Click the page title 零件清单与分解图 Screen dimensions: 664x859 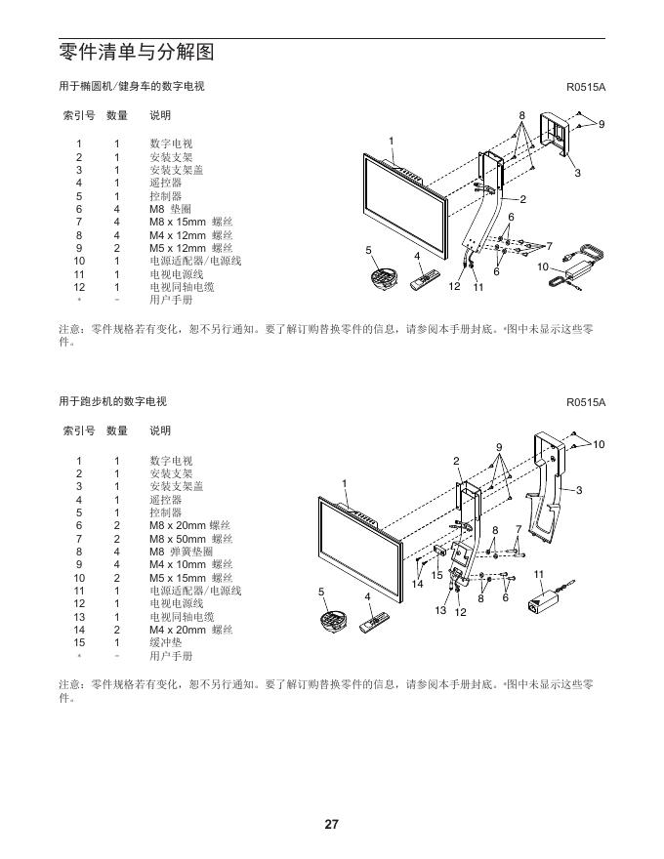[x=136, y=52]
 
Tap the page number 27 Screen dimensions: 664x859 [x=331, y=825]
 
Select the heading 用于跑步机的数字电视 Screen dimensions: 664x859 [x=112, y=401]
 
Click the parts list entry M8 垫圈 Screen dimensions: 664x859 [x=170, y=209]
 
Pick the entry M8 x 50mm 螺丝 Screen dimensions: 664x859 [x=190, y=538]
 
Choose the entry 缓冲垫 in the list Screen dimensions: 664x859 [x=165, y=643]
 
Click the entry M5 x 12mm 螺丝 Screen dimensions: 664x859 [x=190, y=248]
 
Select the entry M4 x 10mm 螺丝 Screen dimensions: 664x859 [x=190, y=564]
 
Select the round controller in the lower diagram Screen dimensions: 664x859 [x=334, y=621]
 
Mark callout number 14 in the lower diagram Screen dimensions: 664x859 [x=417, y=584]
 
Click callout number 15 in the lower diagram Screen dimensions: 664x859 [x=437, y=575]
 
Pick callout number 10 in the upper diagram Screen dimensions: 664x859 [x=543, y=266]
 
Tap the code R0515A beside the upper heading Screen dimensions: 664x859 [x=586, y=87]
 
